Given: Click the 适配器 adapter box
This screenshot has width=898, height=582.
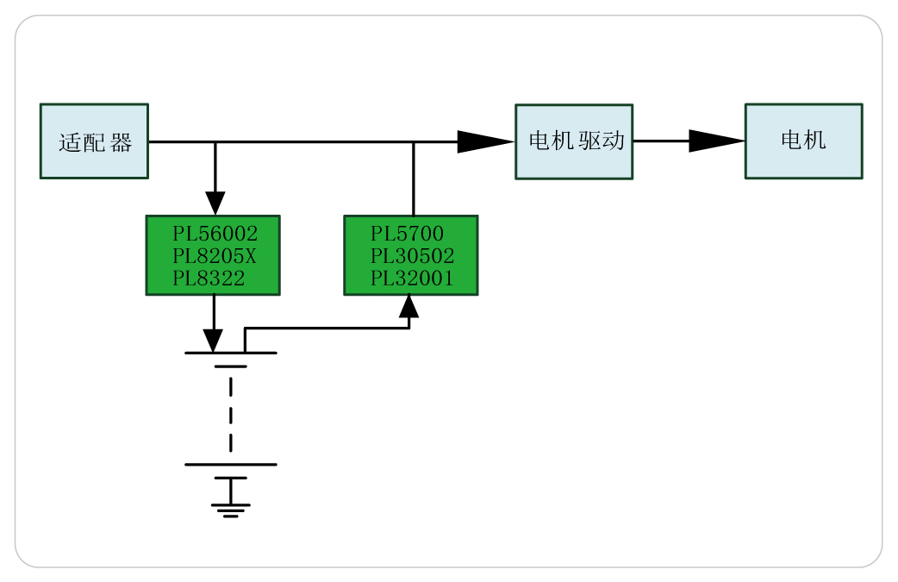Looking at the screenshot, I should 94,141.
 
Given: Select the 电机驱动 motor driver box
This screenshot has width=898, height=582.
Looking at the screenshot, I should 574,141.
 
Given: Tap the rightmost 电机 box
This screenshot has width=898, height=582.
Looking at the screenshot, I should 803,141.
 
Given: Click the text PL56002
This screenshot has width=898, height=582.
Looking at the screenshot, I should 215,234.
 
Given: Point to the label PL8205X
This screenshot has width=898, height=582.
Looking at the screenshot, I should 215,256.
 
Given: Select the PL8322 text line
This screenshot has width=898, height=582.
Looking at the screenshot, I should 209,278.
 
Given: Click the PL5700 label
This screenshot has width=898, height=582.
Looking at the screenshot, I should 407,234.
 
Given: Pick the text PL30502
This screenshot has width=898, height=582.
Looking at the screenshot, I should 412,256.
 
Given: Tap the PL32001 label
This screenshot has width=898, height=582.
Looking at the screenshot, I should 412,278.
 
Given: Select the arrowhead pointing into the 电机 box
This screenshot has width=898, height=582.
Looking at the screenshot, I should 715,141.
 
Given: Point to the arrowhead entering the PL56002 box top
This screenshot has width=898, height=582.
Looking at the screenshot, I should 215,203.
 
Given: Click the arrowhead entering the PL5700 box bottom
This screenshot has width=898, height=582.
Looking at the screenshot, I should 409,305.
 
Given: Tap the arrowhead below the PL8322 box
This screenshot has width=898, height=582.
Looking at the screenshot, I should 214,340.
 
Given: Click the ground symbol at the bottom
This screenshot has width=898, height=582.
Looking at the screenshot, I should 230,509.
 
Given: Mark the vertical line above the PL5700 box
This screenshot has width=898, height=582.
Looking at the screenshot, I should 414,179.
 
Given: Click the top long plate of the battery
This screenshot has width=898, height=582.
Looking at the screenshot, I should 230,353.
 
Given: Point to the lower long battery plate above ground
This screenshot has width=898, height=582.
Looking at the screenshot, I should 230,465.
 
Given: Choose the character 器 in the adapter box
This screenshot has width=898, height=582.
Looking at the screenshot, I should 122,142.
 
